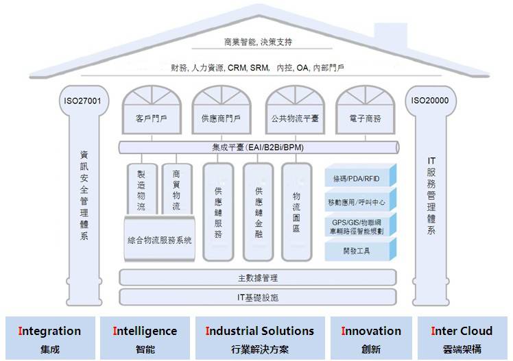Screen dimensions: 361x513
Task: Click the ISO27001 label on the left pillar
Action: coord(82,101)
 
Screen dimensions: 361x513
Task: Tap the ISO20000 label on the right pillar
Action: coord(430,101)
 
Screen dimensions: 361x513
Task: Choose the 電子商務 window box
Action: coord(364,118)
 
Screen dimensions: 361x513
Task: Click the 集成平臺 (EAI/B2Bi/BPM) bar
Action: coord(259,147)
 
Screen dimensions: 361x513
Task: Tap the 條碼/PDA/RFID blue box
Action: coord(361,179)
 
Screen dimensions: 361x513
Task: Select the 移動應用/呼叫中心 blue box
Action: coord(361,202)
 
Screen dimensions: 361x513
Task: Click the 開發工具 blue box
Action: coord(361,251)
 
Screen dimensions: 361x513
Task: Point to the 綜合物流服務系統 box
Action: coord(160,240)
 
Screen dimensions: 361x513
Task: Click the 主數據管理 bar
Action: coord(258,278)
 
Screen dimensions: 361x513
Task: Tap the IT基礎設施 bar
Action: coord(258,297)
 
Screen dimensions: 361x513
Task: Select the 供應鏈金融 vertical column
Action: coord(259,211)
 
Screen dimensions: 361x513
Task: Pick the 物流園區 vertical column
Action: coord(297,211)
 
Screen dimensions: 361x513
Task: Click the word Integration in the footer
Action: coord(49,331)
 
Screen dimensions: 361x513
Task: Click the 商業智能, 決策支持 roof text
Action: coord(258,42)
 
